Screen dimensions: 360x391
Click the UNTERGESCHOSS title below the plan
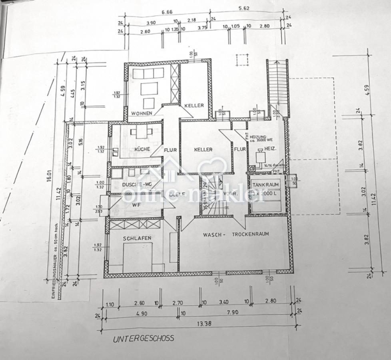[144, 338]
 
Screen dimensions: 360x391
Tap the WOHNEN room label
[140, 113]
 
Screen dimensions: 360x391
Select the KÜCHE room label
[142, 149]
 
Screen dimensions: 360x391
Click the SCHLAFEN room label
[137, 238]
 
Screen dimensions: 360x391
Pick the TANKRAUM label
[265, 185]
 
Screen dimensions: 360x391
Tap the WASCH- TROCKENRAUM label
[235, 234]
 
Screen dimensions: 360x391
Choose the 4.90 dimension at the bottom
[141, 314]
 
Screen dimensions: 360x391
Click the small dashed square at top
[242, 60]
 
